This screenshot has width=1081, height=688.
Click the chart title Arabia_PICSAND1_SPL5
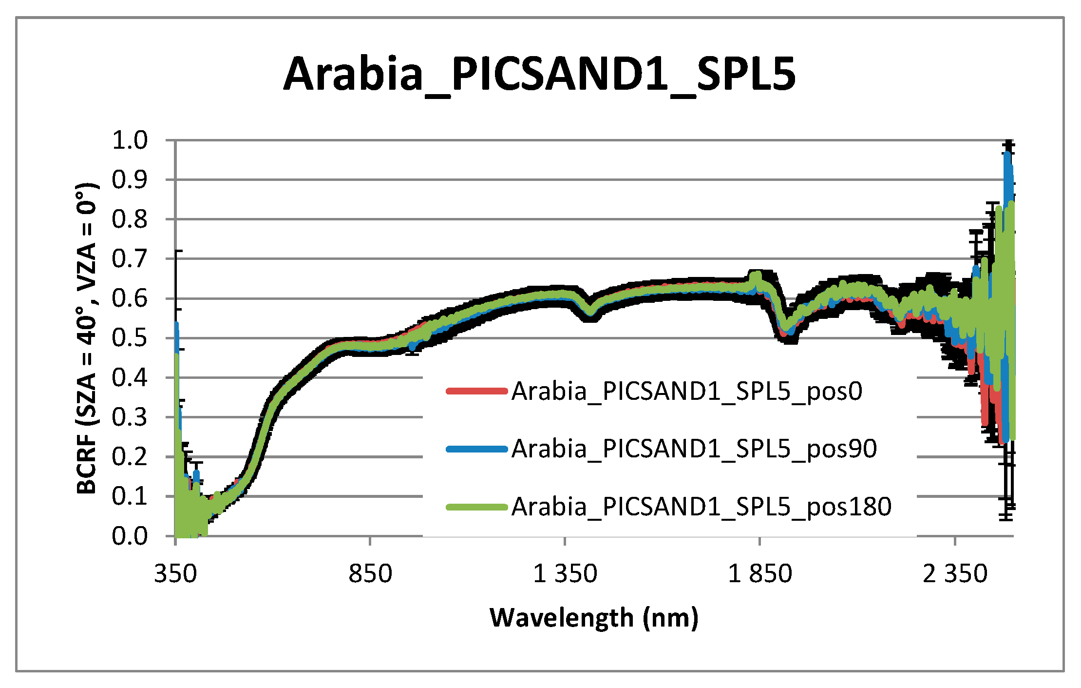[x=539, y=75]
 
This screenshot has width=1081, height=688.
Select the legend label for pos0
[x=687, y=391]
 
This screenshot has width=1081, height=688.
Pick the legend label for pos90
[x=694, y=449]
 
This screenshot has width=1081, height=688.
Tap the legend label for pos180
[x=702, y=507]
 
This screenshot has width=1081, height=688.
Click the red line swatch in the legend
[x=477, y=391]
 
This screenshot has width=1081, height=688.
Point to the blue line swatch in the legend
[x=477, y=449]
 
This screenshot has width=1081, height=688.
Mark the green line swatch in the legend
[x=477, y=507]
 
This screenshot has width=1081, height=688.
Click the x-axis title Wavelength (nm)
[x=594, y=618]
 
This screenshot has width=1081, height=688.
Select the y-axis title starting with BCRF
[x=88, y=338]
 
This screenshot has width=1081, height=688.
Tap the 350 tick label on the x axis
[x=175, y=574]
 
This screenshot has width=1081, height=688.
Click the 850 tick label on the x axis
[x=370, y=574]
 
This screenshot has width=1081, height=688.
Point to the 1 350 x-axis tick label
[x=565, y=574]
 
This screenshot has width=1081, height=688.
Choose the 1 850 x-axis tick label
[x=760, y=574]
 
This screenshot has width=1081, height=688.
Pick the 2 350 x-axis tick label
[x=955, y=574]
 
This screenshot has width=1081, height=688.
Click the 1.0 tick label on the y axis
[x=130, y=140]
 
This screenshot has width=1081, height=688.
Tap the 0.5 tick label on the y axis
[x=130, y=338]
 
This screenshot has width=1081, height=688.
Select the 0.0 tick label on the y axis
[x=130, y=536]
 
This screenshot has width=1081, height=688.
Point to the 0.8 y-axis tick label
[x=130, y=219]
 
